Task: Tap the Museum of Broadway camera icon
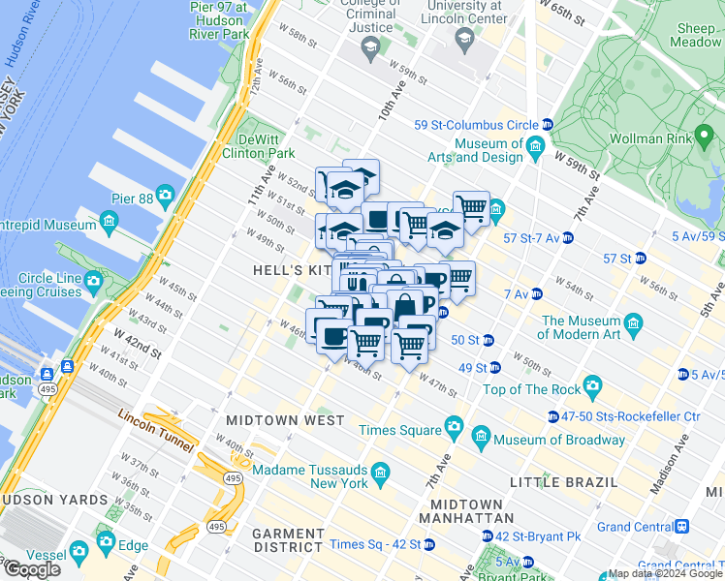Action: (x=482, y=440)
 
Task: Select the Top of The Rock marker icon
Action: (x=592, y=389)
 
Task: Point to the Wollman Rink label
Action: (x=648, y=138)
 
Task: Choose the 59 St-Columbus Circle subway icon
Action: (x=547, y=125)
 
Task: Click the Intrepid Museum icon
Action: (x=108, y=224)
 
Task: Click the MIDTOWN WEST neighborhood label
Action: (x=284, y=421)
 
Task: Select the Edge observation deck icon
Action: (x=105, y=541)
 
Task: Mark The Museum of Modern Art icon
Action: (x=634, y=322)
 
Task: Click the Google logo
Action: (x=32, y=569)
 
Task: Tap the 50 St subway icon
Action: (x=488, y=340)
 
